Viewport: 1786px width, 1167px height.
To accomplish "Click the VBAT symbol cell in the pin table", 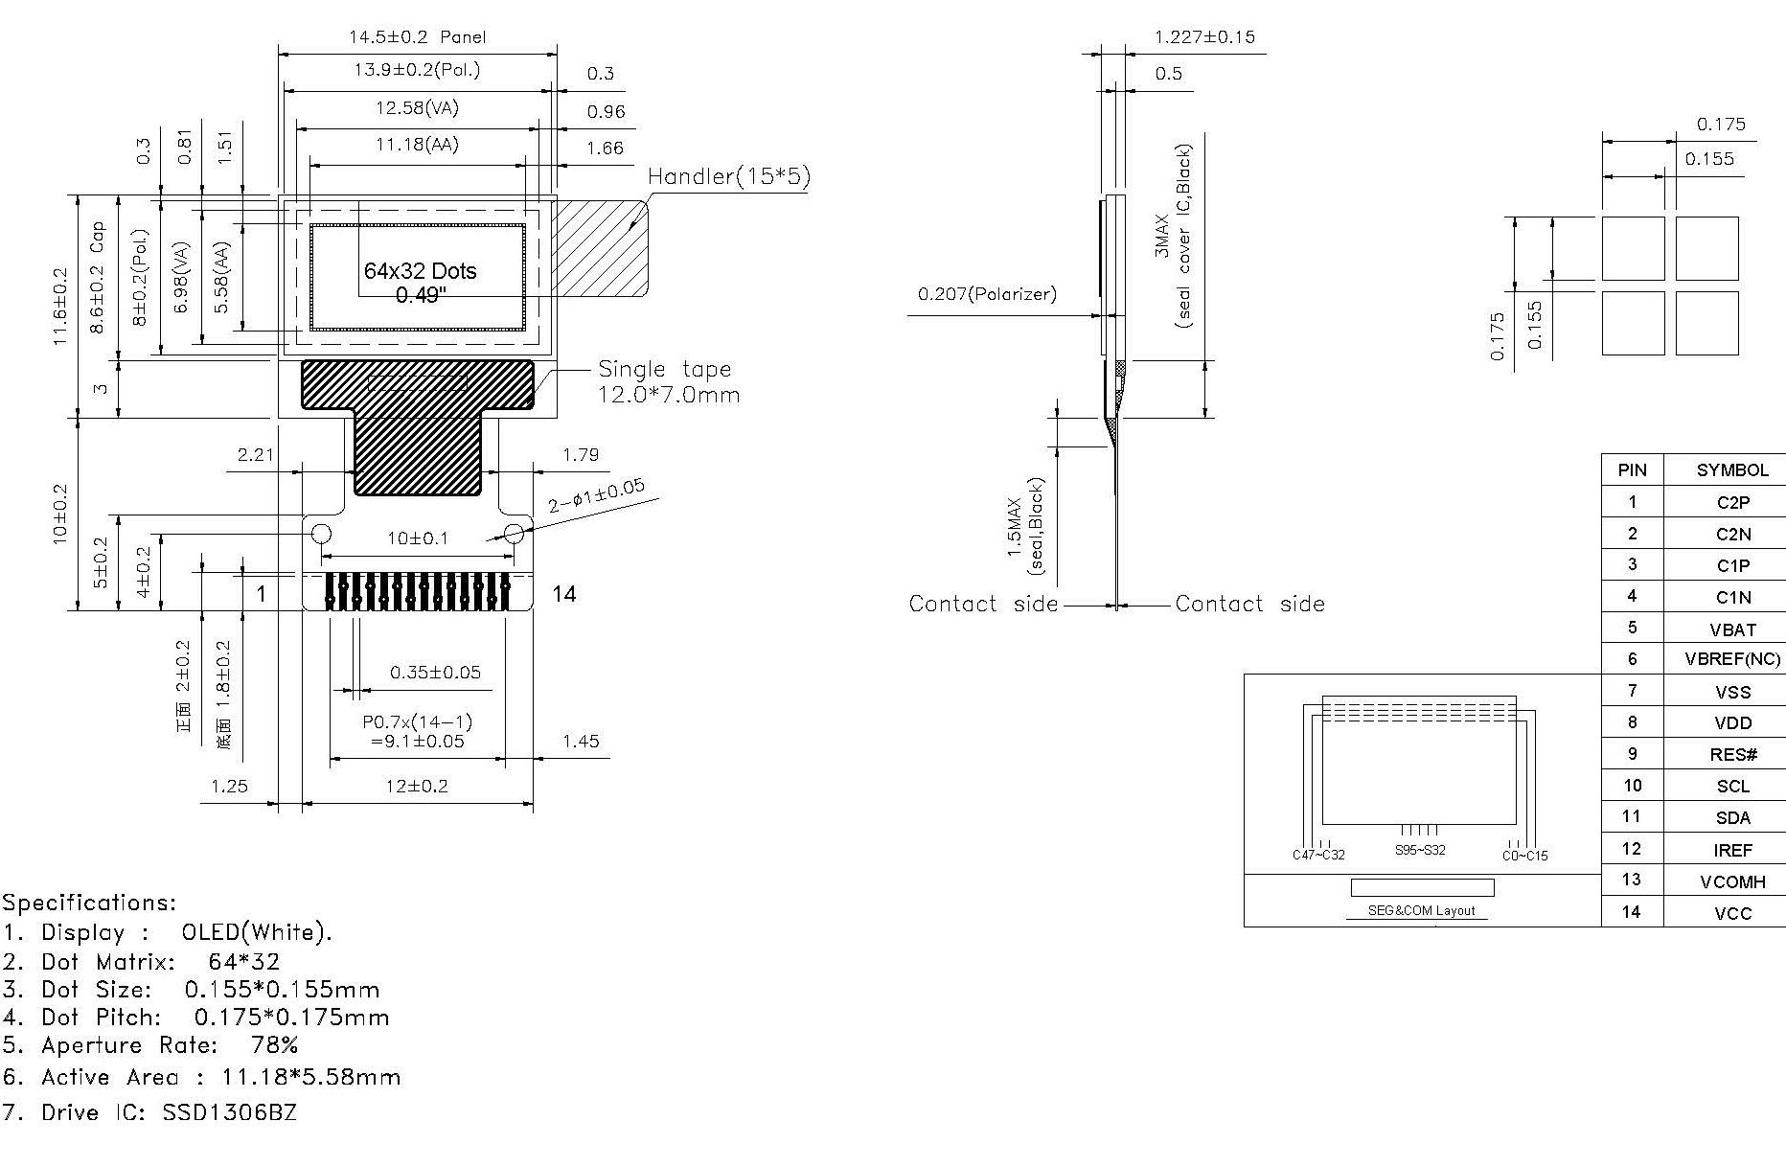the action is coord(1732,629).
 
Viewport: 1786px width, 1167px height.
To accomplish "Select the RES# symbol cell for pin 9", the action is coord(1732,755).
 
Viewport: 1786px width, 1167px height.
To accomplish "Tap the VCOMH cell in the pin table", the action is coord(1732,881).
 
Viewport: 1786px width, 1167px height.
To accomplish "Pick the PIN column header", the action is coord(1632,469).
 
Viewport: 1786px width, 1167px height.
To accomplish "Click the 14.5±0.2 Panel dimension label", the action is coord(417,37).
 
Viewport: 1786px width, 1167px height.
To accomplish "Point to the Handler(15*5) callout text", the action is coord(728,176).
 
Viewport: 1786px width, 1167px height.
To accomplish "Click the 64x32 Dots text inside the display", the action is coord(420,271).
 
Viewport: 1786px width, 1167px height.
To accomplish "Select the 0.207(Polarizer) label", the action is coord(987,294).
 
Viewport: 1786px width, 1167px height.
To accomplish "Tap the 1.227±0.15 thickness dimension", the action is coord(1204,37).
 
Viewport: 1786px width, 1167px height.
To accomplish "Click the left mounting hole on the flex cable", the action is coord(321,533).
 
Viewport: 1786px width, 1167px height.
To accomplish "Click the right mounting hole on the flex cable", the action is coord(514,533).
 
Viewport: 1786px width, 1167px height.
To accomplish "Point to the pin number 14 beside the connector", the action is coord(564,594).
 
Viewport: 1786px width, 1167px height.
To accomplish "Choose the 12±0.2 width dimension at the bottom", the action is coord(417,787).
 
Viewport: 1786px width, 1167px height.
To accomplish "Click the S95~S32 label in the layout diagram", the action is coord(1420,850).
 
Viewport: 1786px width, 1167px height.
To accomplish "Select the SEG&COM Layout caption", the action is coord(1421,910).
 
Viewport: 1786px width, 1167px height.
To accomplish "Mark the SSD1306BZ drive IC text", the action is coord(229,1112).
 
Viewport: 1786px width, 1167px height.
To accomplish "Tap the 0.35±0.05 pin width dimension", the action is coord(435,673).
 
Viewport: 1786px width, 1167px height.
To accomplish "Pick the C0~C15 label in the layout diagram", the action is coord(1524,856).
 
